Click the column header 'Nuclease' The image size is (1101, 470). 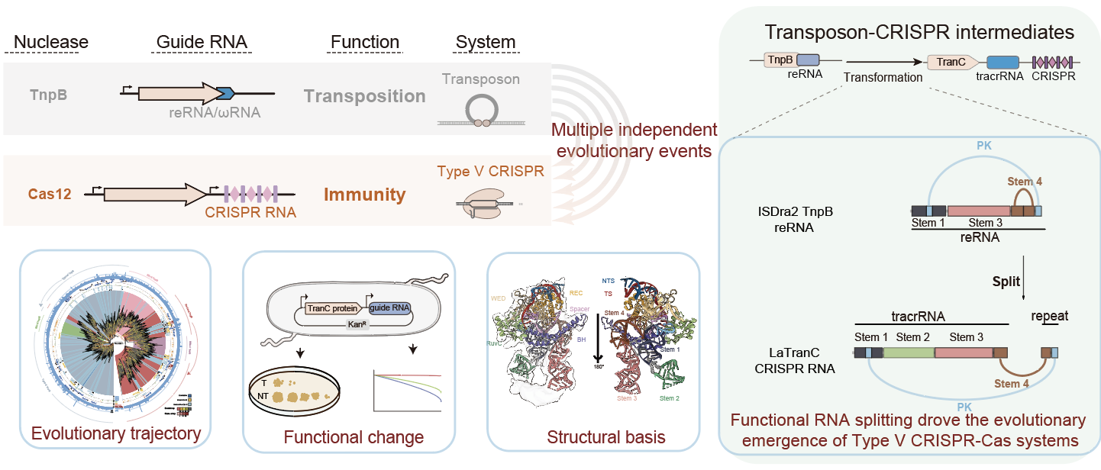point(51,42)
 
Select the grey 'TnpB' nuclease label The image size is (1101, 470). point(49,95)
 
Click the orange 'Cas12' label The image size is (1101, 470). point(51,194)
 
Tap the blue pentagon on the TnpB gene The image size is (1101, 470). point(224,93)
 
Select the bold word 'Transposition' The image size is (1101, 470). point(364,96)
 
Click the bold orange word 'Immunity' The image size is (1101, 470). point(364,195)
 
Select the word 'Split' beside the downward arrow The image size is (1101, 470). point(1006,281)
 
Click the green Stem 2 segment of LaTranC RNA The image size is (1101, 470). point(909,352)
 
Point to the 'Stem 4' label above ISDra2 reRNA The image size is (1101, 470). point(1024,182)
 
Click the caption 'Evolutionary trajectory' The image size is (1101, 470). point(116,434)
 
